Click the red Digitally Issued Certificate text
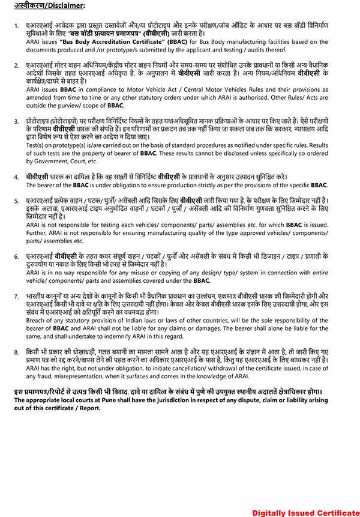tap(305, 512)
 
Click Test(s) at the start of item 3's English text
tap(35, 147)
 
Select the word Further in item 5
tap(37, 232)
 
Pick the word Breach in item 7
tap(37, 320)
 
